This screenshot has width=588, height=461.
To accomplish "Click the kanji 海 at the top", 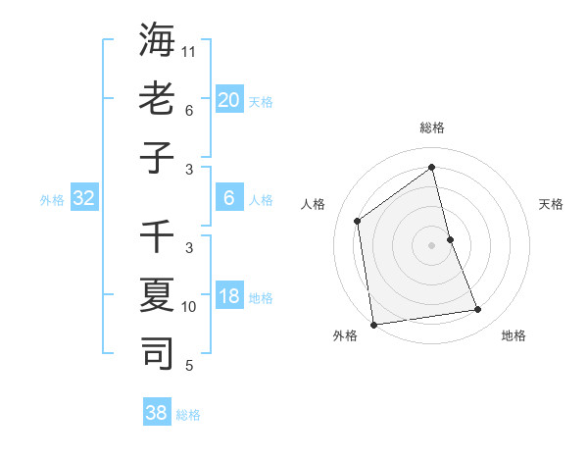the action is [157, 40].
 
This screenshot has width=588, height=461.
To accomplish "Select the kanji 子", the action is [157, 156].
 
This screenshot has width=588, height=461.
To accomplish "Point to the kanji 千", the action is [157, 237].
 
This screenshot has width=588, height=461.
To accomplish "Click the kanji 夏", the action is [157, 294].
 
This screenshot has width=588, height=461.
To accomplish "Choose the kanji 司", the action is [157, 352].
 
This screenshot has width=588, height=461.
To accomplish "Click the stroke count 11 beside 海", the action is [189, 52].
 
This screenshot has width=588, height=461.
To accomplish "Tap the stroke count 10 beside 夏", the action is [189, 307].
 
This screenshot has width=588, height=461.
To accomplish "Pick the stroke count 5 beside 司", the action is [189, 366].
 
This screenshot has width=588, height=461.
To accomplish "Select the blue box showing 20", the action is [228, 100].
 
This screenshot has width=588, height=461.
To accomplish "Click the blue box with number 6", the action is [228, 199].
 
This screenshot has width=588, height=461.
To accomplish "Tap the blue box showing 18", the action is [228, 297].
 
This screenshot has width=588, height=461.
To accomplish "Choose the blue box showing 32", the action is [84, 199].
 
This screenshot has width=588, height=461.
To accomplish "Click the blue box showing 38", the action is [157, 413].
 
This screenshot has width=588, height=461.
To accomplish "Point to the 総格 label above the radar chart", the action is [432, 128].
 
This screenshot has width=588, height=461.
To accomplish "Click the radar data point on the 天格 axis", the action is [450, 239].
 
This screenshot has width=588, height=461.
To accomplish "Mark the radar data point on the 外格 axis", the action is [373, 324].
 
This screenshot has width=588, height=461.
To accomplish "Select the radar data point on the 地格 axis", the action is [478, 310].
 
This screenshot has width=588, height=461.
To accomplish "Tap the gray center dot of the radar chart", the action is [432, 245].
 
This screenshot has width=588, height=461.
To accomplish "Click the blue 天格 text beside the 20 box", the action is [260, 101].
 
